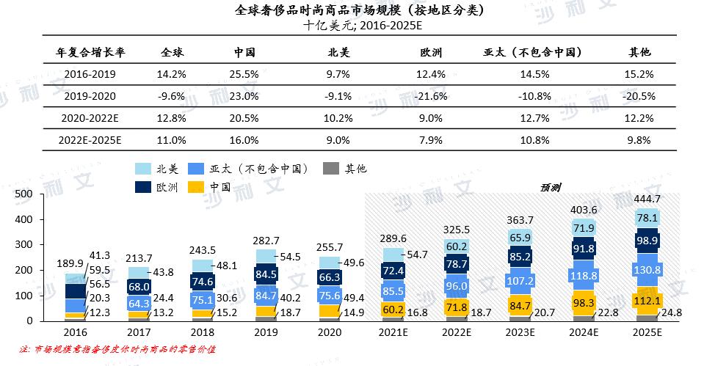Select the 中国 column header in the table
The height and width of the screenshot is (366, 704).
tap(244, 53)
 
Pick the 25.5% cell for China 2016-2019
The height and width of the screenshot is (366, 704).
tap(244, 74)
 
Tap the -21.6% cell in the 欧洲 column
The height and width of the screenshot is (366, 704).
tap(431, 96)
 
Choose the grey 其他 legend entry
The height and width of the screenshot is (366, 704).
tap(344, 169)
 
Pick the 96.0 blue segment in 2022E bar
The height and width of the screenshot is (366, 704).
tap(457, 286)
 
